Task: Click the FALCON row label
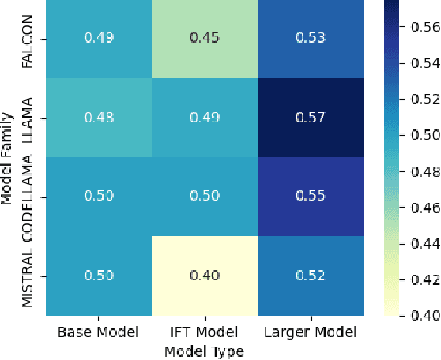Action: point(28,39)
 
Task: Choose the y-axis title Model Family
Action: point(8,158)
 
